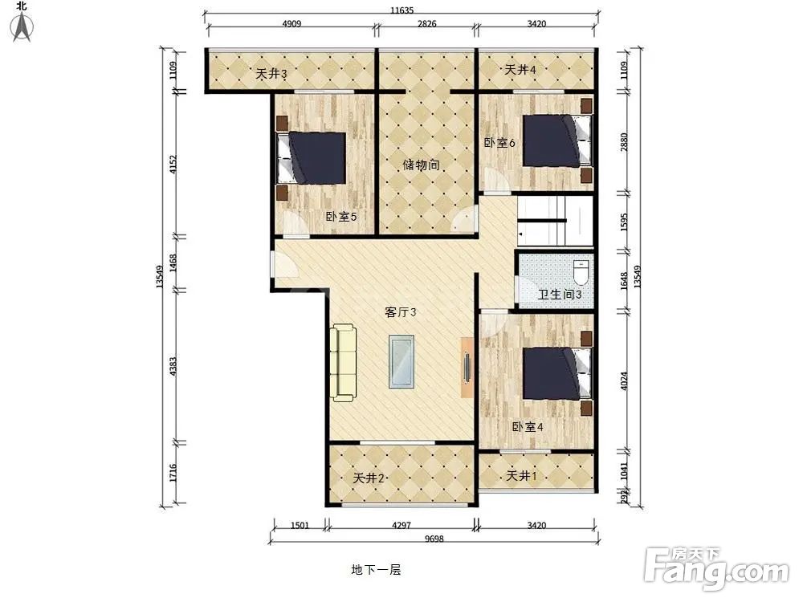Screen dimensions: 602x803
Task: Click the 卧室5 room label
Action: click(340, 217)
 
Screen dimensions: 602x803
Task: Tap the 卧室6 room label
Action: click(499, 142)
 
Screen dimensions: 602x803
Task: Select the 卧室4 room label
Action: click(528, 427)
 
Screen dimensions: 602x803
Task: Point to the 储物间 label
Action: click(421, 165)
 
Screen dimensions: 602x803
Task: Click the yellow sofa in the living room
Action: click(343, 362)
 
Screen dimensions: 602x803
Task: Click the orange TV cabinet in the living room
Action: click(467, 366)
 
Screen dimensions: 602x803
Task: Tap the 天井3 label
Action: click(271, 74)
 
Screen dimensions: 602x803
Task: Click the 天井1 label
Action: click(522, 476)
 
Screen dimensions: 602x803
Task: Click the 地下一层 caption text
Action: click(375, 570)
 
